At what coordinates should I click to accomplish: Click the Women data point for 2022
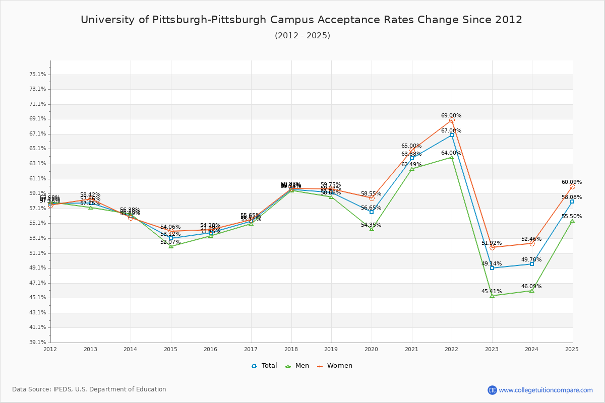(452, 120)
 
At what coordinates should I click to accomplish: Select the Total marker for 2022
(452, 135)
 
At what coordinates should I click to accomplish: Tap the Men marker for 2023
(492, 296)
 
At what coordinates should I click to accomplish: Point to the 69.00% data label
(451, 116)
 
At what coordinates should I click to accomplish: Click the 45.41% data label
(492, 291)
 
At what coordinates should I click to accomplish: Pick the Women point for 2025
(572, 187)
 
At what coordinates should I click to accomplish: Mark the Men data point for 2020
(372, 229)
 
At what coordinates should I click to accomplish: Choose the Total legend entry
(265, 366)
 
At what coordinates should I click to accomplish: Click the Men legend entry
(297, 366)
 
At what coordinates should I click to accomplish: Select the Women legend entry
(335, 366)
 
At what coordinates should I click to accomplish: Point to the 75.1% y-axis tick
(38, 75)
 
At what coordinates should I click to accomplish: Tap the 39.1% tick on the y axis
(38, 343)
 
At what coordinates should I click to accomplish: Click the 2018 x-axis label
(291, 349)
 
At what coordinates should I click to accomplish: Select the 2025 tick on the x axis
(572, 349)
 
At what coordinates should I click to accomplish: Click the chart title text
(301, 20)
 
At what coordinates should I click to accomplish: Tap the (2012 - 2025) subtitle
(302, 36)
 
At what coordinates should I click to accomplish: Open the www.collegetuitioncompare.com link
(546, 390)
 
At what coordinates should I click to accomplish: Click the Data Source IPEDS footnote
(89, 389)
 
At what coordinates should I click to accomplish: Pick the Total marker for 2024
(532, 264)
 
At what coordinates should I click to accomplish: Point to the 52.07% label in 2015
(170, 242)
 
